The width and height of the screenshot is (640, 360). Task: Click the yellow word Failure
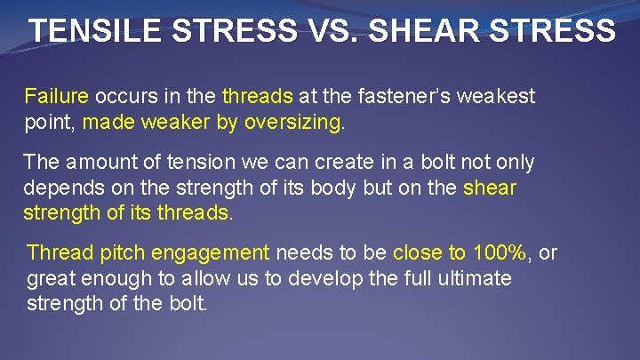[x=57, y=96]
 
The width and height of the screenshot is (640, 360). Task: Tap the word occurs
[x=122, y=96]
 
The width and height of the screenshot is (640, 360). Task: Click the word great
[x=52, y=279]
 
